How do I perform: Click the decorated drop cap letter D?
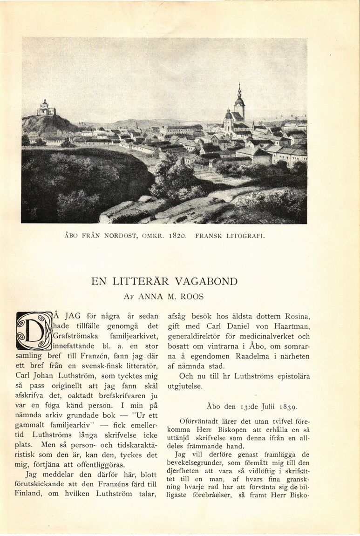pyautogui.click(x=34, y=331)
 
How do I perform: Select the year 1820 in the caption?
pyautogui.click(x=177, y=236)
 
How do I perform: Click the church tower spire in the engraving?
pyautogui.click(x=239, y=93)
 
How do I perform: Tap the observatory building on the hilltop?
pyautogui.click(x=46, y=109)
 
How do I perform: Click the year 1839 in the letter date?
pyautogui.click(x=289, y=406)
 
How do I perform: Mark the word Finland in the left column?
pyautogui.click(x=28, y=494)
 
